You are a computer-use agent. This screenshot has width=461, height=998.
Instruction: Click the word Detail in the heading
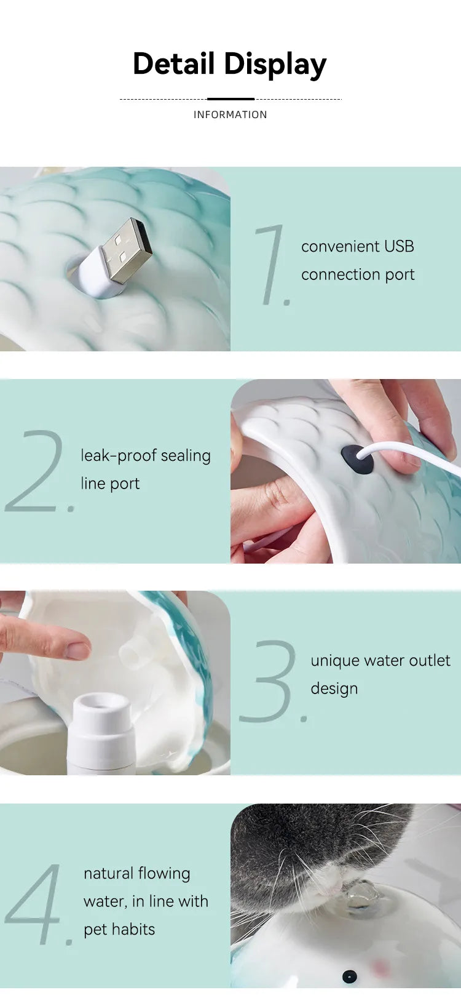click(x=173, y=63)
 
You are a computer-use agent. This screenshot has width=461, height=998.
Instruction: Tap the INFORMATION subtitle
click(x=230, y=114)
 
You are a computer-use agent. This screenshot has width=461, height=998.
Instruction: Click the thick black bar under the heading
click(x=230, y=99)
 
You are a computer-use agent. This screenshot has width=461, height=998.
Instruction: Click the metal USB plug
click(x=127, y=250)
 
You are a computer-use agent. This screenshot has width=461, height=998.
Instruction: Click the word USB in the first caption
click(x=399, y=246)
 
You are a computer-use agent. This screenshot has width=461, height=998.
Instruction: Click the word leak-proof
click(x=119, y=456)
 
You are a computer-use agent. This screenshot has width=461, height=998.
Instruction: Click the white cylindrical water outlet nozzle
click(x=101, y=732)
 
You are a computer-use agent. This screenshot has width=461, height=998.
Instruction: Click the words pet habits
click(x=119, y=929)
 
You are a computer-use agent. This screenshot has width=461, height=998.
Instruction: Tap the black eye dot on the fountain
click(x=349, y=977)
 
